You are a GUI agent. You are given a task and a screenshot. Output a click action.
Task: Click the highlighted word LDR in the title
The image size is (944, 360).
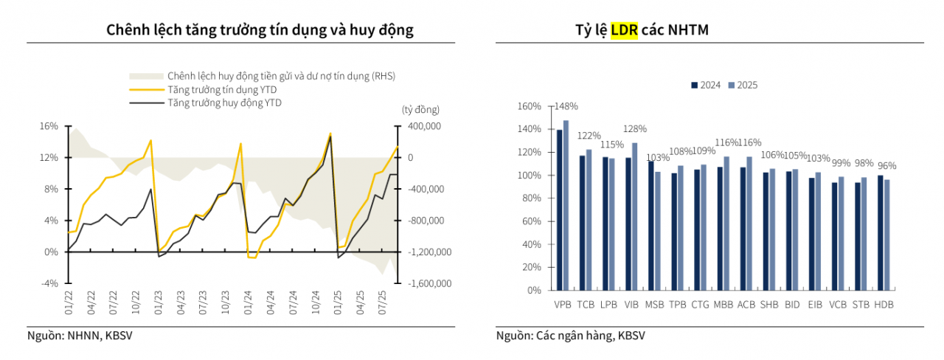tap(623, 30)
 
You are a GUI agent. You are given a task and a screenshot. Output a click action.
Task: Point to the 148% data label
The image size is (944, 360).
tap(567, 106)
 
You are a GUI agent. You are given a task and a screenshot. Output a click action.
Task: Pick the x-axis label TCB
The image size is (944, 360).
tap(586, 304)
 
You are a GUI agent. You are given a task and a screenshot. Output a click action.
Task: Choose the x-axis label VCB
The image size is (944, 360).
tap(837, 304)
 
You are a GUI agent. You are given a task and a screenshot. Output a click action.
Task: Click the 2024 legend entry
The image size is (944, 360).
tap(706, 85)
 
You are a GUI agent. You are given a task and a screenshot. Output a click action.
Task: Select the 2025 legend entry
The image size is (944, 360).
tap(743, 85)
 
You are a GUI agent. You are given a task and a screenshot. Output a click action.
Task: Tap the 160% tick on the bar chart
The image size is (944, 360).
tap(530, 106)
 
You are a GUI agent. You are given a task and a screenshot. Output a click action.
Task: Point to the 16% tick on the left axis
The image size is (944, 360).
tap(49, 126)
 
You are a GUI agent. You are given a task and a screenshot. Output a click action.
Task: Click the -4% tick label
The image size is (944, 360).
tap(49, 283)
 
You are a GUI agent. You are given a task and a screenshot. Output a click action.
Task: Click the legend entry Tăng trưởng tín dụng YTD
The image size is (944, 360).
tap(214, 89)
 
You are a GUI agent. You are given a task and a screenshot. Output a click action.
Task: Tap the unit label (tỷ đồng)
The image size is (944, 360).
tap(420, 109)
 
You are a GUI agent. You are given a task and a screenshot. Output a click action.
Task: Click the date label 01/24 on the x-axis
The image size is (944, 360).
tap(249, 302)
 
